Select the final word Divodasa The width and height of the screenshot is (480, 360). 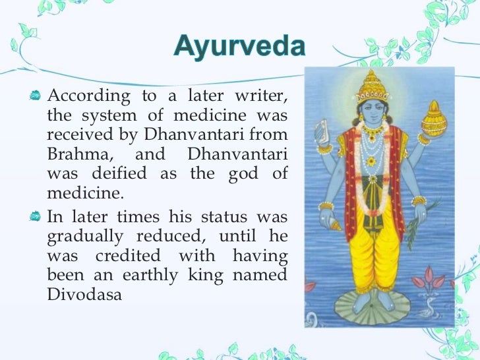[x=85, y=295]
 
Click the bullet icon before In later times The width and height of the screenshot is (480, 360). [x=37, y=216]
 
